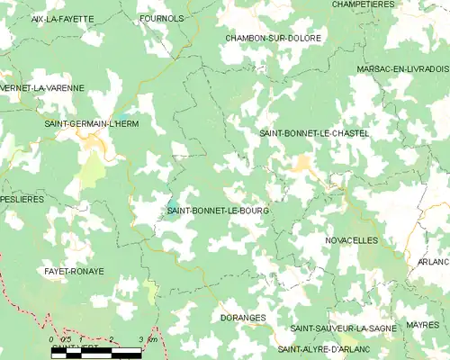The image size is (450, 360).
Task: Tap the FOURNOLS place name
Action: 162,18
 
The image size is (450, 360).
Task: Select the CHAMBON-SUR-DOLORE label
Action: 273,38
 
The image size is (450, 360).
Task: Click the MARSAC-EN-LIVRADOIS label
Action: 401,68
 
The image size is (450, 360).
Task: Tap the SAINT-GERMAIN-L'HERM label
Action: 92,123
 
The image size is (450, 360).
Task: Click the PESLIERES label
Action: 22,199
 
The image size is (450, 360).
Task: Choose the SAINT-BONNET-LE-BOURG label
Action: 218,211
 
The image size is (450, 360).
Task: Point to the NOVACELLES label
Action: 351,240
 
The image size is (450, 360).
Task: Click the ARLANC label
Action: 435,262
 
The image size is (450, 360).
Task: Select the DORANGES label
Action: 241,318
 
